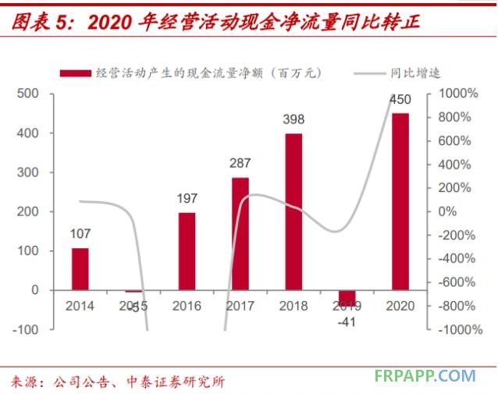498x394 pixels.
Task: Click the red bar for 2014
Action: pos(80,268)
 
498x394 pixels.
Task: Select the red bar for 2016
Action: pos(187,250)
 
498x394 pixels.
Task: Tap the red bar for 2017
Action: pos(240,233)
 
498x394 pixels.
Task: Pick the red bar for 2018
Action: pos(293,211)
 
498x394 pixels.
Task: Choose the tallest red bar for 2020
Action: pos(400,201)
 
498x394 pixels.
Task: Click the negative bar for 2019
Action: pos(347,297)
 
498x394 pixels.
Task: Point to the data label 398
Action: pos(293,119)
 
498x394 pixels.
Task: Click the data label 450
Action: pos(400,99)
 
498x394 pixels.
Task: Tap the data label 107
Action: pos(80,233)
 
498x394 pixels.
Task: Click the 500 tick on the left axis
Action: pos(28,94)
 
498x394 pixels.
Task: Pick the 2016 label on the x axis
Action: pos(187,306)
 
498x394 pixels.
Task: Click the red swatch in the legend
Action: pos(76,73)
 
